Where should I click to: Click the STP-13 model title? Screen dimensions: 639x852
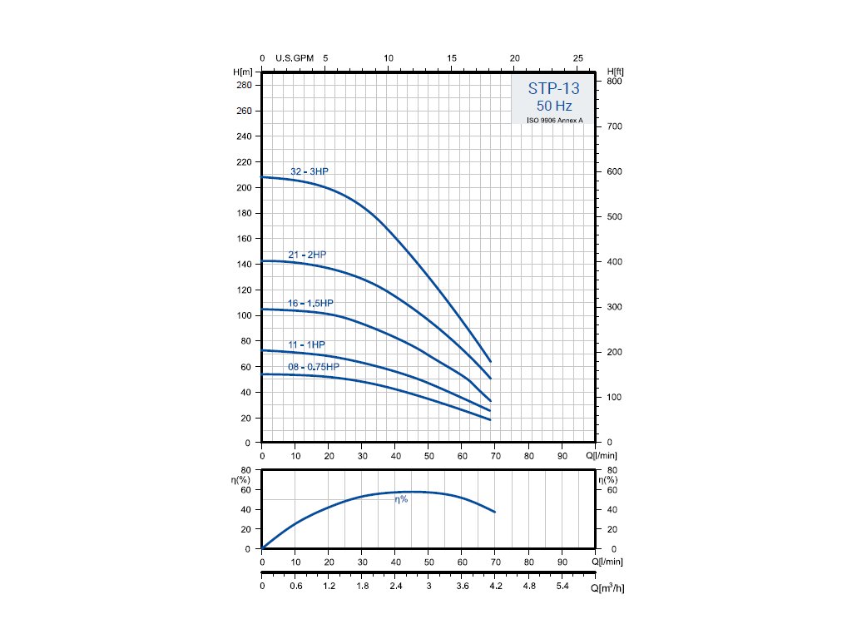pyautogui.click(x=553, y=89)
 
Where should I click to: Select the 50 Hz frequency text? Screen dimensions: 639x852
pyautogui.click(x=553, y=106)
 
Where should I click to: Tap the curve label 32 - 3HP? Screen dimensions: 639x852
pyautogui.click(x=310, y=171)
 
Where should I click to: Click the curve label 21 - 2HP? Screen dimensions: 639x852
pyautogui.click(x=308, y=254)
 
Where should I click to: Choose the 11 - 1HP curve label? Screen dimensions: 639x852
pyautogui.click(x=306, y=344)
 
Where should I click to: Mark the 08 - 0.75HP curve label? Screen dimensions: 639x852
pyautogui.click(x=314, y=367)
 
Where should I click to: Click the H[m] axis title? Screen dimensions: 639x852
pyautogui.click(x=244, y=72)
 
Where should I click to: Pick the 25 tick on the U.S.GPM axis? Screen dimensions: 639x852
pyautogui.click(x=578, y=58)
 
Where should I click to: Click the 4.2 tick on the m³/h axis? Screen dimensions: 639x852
pyautogui.click(x=496, y=587)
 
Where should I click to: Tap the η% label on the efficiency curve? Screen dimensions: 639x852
pyautogui.click(x=401, y=499)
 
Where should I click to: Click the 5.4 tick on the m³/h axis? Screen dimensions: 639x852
pyautogui.click(x=562, y=587)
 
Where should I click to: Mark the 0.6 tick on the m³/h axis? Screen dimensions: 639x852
pyautogui.click(x=295, y=587)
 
